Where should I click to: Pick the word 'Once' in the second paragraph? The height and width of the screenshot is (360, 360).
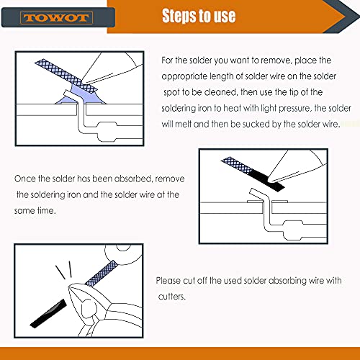tap(26, 179)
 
